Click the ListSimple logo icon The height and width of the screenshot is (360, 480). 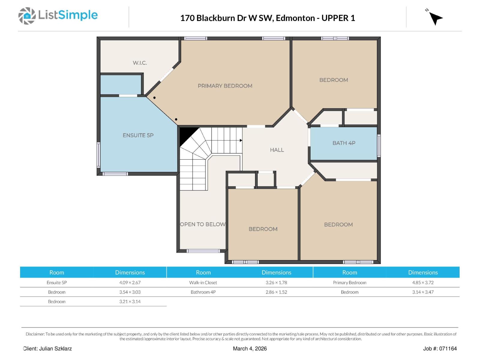[x=27, y=16]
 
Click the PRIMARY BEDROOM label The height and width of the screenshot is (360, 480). [x=225, y=86]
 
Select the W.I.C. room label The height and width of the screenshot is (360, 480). [x=140, y=63]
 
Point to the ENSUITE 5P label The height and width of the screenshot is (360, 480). [x=138, y=135]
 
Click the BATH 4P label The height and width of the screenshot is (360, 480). [x=344, y=143]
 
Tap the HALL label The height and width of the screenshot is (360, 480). [x=277, y=150]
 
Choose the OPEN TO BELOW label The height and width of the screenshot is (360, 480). [x=202, y=224]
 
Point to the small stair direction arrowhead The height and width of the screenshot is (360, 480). [x=241, y=140]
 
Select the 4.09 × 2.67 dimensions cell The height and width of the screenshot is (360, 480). [x=130, y=282]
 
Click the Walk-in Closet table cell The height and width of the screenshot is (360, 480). [x=203, y=282]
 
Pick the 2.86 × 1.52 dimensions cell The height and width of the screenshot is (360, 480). [x=276, y=292]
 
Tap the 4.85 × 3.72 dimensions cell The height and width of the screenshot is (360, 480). [x=423, y=282]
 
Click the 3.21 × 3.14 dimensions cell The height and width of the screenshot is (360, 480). [x=130, y=301]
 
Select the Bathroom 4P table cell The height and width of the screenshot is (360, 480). [x=203, y=292]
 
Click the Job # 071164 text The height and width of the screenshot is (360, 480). [x=440, y=349]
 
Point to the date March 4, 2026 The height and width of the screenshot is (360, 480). [x=250, y=349]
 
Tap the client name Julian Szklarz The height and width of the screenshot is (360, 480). [x=55, y=349]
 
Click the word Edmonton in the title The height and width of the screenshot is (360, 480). [x=295, y=18]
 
